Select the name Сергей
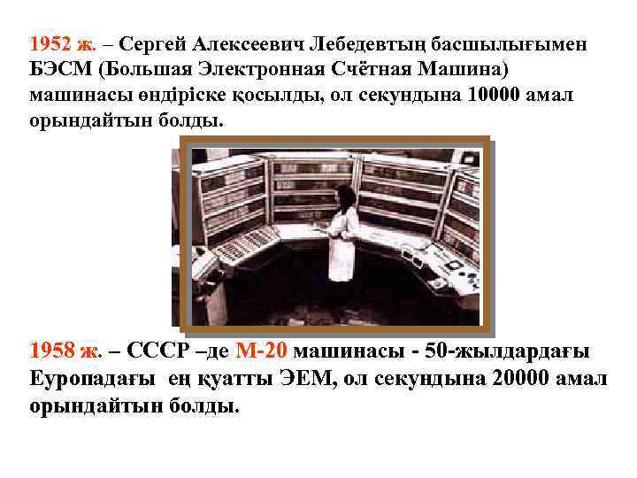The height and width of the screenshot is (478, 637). tap(152, 43)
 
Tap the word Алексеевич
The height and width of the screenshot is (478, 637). tap(251, 43)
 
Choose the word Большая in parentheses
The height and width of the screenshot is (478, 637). tap(144, 69)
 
